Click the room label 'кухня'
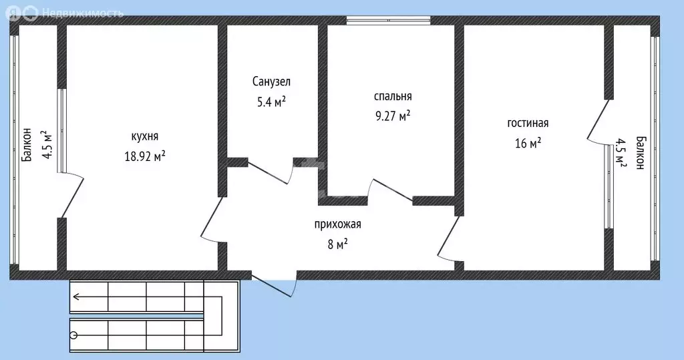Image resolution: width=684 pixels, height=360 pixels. [145, 136]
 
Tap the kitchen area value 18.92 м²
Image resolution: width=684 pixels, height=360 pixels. [145, 156]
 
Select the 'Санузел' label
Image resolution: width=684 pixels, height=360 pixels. [271, 81]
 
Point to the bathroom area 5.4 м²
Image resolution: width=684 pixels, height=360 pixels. [271, 102]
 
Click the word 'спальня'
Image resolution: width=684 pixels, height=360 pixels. [392, 96]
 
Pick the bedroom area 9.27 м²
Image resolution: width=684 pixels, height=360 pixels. [392, 116]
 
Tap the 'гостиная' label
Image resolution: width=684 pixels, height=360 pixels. [528, 123]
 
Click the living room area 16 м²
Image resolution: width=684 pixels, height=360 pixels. [528, 142]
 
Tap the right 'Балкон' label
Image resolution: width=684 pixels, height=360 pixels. [641, 154]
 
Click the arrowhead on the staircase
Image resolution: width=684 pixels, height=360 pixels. [77, 297]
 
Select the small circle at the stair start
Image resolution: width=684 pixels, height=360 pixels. [73, 335]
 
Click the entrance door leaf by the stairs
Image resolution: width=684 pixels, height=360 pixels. [273, 284]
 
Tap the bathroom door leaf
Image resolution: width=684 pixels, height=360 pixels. [269, 172]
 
